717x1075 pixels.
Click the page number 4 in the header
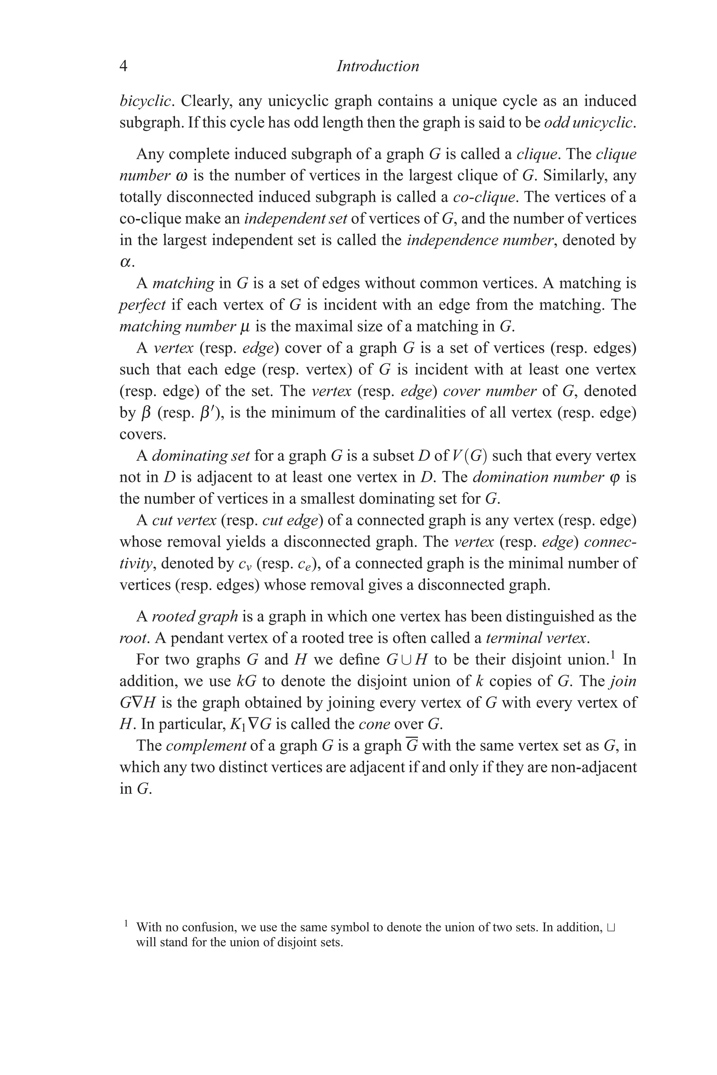tap(123, 66)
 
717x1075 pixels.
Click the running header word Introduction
tap(378, 66)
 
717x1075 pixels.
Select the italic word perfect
tap(142, 305)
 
